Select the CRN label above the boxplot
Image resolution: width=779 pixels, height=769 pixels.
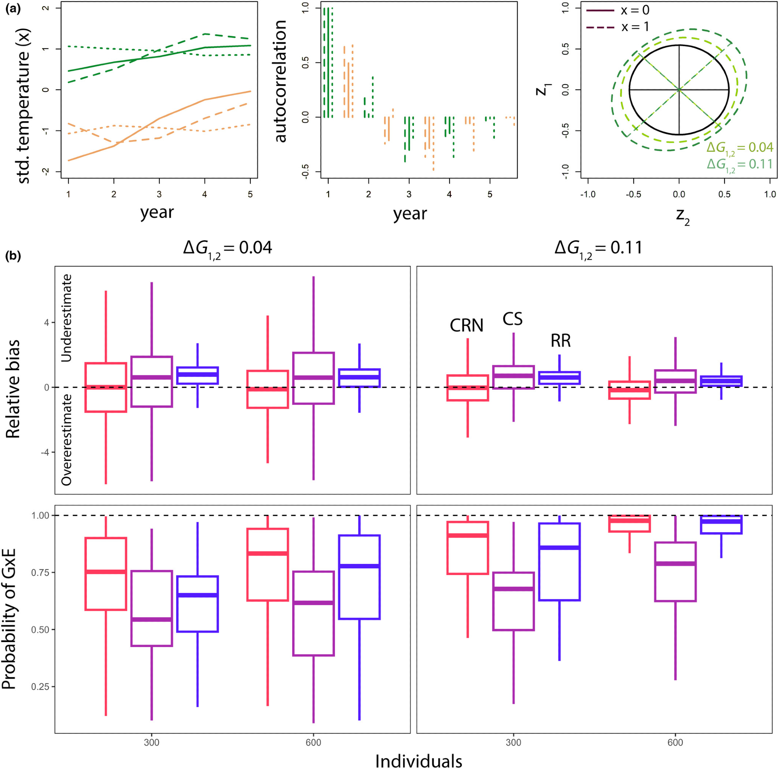click(x=467, y=326)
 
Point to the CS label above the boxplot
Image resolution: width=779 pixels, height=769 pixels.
click(x=513, y=319)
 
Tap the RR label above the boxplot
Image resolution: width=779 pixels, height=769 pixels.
click(x=560, y=341)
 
